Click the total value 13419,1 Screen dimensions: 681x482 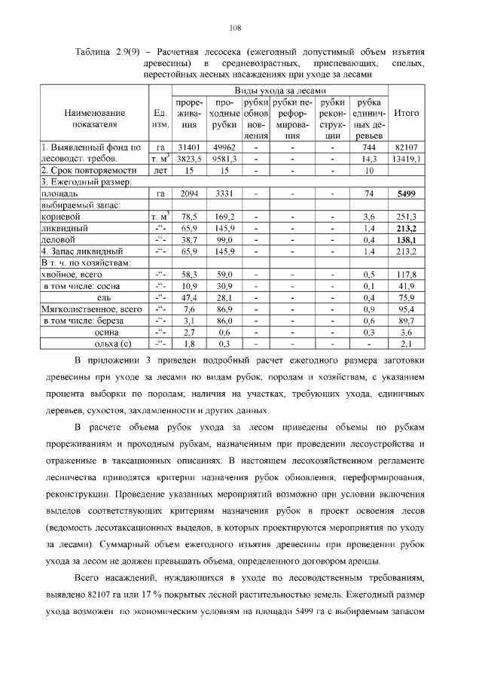407,159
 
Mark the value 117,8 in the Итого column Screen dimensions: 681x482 407,275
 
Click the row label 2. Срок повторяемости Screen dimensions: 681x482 82,170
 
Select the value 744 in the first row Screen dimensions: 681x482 369,147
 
